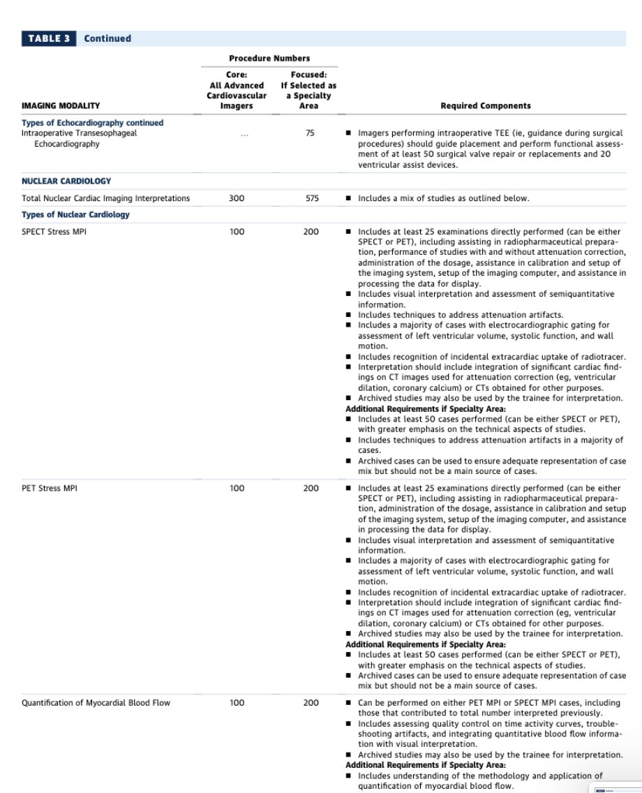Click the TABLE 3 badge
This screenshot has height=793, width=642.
tap(49, 38)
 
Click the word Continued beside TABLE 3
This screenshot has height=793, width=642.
tap(107, 38)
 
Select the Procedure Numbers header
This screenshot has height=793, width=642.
tap(269, 59)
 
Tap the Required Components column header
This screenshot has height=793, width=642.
tap(485, 106)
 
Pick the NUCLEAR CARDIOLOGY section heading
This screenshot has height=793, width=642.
tap(66, 181)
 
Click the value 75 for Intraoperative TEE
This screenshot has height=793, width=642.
tap(311, 133)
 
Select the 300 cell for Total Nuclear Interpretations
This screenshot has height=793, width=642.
tap(237, 199)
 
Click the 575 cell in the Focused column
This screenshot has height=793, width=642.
tap(311, 199)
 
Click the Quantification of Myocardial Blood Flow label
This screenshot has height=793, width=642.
tap(96, 703)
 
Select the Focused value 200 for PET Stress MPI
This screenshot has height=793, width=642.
tap(311, 489)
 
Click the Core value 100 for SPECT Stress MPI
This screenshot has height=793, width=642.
tap(237, 232)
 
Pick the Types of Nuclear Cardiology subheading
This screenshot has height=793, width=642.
tap(75, 215)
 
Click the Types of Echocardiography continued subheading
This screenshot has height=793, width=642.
tap(92, 123)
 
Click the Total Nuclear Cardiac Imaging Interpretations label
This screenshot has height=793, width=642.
tap(105, 199)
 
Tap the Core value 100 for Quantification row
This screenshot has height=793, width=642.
tap(237, 703)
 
